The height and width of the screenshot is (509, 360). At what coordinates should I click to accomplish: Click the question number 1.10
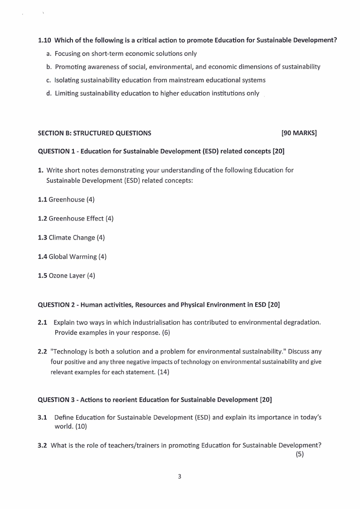click(44, 40)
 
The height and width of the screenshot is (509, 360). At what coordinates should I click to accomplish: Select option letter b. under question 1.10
click(49, 67)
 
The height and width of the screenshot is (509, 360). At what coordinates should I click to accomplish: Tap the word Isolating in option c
click(67, 80)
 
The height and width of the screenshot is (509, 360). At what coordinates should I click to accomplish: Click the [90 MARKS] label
click(299, 133)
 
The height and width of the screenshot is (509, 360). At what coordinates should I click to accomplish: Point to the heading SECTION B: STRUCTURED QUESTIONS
click(94, 133)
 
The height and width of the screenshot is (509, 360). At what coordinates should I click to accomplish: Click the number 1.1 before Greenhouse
click(42, 200)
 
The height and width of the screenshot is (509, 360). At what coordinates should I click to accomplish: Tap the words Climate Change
click(72, 238)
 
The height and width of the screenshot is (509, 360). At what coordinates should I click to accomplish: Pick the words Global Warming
click(73, 257)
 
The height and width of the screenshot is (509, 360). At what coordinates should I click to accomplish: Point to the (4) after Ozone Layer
click(91, 276)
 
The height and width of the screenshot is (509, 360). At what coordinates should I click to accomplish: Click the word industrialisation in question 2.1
click(156, 323)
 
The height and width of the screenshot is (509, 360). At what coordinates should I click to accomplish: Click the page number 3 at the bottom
click(180, 476)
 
